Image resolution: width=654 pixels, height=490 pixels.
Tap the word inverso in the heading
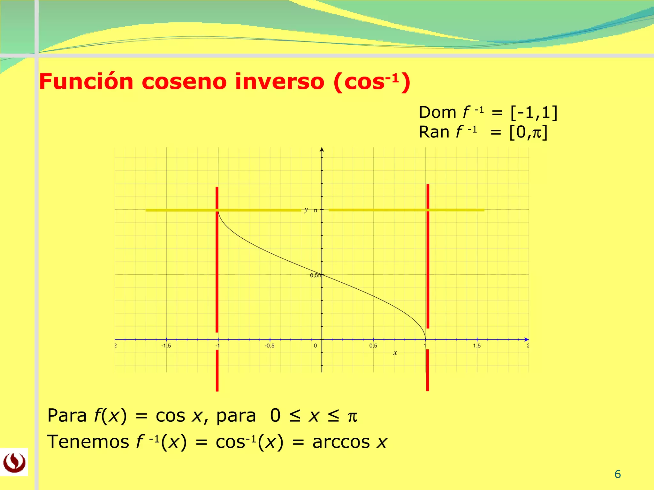pos(280,82)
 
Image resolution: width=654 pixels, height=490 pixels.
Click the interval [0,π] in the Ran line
pos(529,132)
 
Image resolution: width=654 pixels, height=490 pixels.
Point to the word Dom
pos(437,113)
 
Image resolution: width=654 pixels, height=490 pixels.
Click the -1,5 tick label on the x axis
pos(166,346)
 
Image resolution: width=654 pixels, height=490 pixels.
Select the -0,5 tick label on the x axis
pos(270,346)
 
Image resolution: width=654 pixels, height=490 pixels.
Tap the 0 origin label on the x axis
pos(315,346)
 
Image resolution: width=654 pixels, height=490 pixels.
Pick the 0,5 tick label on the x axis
pos(373,346)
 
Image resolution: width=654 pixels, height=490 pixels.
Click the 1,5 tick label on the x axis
pos(477,346)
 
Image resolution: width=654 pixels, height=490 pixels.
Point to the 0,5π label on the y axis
pos(316,275)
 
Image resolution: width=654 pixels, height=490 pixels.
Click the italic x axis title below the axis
pos(395,353)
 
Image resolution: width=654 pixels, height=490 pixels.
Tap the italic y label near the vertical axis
pos(306,210)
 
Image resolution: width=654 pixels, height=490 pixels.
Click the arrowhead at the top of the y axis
pos(322,150)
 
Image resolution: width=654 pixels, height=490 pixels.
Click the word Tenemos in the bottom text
pos(88,442)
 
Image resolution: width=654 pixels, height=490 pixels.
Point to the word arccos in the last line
pos(341,442)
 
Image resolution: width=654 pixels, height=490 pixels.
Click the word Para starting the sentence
pos(67,416)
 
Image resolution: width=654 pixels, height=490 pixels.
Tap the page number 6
pos(618,474)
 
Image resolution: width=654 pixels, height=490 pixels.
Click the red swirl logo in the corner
pos(14,462)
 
